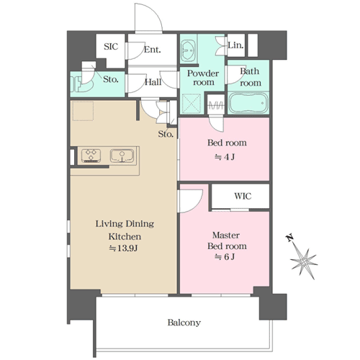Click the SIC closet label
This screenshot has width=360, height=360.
pyautogui.click(x=111, y=46)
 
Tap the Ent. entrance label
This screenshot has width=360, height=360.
pyautogui.click(x=152, y=50)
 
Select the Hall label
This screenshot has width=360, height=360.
pyautogui.click(x=153, y=82)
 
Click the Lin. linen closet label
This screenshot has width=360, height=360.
pyautogui.click(x=235, y=45)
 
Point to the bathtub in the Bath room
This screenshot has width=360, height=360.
pyautogui.click(x=248, y=103)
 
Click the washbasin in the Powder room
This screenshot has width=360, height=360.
pyautogui.click(x=188, y=50)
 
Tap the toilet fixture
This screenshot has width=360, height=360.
pyautogui.click(x=81, y=84)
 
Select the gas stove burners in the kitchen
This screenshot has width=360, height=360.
pyautogui.click(x=91, y=156)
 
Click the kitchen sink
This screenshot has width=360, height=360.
pyautogui.click(x=122, y=156)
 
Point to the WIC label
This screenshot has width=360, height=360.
pyautogui.click(x=243, y=196)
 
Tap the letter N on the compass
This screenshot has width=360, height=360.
pyautogui.click(x=289, y=238)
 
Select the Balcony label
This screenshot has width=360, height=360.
pyautogui.click(x=184, y=323)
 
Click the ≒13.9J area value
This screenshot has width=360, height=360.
pyautogui.click(x=123, y=248)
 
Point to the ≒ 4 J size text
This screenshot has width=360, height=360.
pyautogui.click(x=225, y=157)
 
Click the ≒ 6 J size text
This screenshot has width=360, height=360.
pyautogui.click(x=225, y=257)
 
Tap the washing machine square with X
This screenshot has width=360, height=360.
pyautogui.click(x=192, y=104)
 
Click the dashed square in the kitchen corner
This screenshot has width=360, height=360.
pyautogui.click(x=83, y=111)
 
